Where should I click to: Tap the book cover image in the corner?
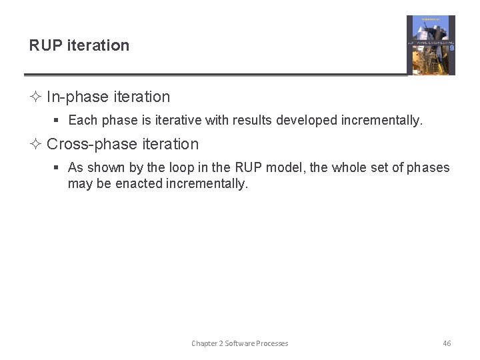tap(431, 45)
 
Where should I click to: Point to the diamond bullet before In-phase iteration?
tap(35, 97)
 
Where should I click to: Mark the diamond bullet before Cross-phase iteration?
tap(35, 145)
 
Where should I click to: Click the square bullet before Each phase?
tap(57, 121)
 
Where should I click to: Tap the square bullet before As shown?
tap(57, 168)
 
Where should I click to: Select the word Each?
tap(83, 121)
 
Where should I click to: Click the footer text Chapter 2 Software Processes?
tap(240, 343)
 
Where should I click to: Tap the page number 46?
tap(447, 343)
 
